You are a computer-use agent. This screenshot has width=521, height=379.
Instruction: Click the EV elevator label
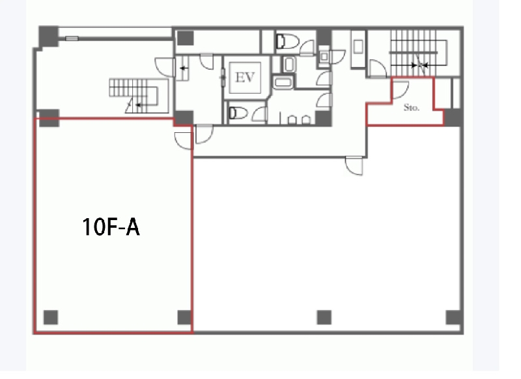point(245,77)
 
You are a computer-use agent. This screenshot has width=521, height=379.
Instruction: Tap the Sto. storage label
point(412,107)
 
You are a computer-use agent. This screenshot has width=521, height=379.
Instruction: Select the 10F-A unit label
point(111,227)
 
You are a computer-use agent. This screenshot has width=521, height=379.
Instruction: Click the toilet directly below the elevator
point(238,113)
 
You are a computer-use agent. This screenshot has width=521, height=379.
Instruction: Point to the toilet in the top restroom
point(288,41)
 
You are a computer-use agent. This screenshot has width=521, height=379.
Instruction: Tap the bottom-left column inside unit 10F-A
point(51,317)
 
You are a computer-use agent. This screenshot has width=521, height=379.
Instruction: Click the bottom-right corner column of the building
point(453,318)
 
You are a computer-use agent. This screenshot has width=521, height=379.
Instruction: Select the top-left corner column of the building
point(48,36)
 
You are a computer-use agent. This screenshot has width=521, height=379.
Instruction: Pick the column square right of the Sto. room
point(453,117)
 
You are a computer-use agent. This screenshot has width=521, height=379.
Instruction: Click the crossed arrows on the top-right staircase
point(420,65)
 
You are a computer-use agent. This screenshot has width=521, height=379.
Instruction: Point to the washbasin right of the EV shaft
point(289,64)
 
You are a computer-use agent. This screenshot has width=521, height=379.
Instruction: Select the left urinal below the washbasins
point(292,120)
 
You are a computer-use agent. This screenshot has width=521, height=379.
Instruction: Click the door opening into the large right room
point(354,165)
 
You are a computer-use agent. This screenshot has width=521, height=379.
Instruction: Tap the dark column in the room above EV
point(185,38)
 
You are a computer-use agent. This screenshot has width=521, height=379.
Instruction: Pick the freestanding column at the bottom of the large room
point(324,317)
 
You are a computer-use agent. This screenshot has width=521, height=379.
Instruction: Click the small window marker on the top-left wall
point(72,38)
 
